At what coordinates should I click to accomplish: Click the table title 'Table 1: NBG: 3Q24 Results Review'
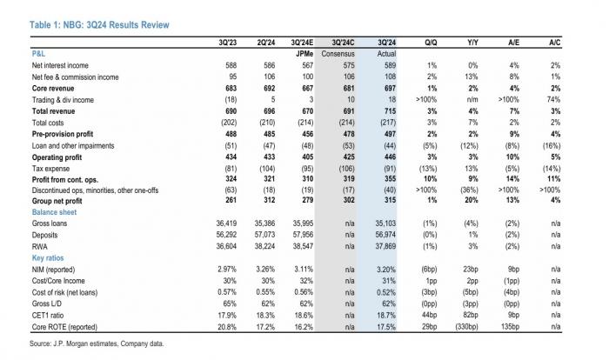pos(99,25)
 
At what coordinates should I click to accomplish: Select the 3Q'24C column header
pos(343,43)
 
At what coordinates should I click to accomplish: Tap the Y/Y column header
pos(472,43)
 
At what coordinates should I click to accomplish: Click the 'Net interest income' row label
pos(60,65)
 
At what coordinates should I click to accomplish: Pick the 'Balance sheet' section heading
pos(54,212)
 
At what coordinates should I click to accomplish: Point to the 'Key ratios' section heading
pos(48,258)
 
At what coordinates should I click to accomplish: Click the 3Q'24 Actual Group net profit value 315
pos(390,200)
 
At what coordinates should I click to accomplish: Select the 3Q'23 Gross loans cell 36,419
pos(226,223)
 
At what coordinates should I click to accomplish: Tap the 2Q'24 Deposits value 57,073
pos(264,235)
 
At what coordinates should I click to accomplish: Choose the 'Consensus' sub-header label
pos(338,54)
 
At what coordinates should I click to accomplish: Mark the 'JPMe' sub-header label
pos(304,54)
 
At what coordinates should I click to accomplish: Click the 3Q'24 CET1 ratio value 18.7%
pos(386,316)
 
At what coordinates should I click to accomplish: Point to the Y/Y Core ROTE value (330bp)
pos(467,327)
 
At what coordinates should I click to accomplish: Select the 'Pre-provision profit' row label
pos(63,135)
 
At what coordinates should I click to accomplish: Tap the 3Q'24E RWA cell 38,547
pos(303,246)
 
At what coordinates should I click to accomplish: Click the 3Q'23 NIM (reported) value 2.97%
pos(227,269)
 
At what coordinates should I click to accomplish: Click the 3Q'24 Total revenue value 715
pos(390,111)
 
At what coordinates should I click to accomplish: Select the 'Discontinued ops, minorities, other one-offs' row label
pos(95,190)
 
